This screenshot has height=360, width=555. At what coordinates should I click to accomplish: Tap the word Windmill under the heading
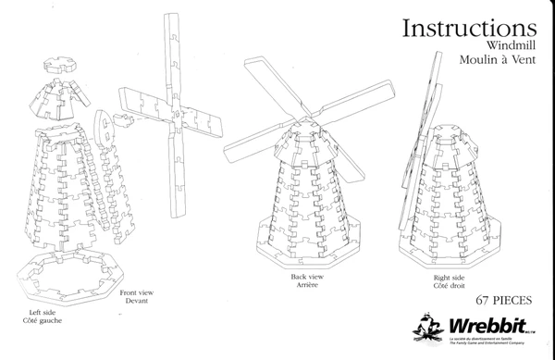tap(512, 44)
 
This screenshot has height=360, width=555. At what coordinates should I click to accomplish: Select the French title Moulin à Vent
tap(499, 58)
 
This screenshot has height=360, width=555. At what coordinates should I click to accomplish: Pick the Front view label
tap(137, 292)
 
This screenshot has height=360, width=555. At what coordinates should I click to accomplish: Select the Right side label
tap(449, 277)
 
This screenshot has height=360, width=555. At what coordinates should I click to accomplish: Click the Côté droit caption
tap(449, 285)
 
